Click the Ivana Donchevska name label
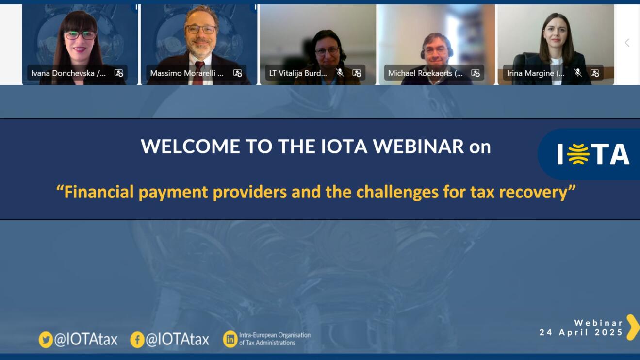coord(68,73)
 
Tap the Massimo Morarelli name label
coord(187,73)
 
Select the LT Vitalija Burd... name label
coord(298,73)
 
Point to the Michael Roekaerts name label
coord(425,73)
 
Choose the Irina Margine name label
coord(536,73)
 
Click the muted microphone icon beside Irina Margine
coord(578,73)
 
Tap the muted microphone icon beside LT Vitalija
coord(340,73)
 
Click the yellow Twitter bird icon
coord(46,340)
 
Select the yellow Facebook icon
coord(137,340)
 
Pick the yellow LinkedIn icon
coord(230,339)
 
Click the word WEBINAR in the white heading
coord(418,147)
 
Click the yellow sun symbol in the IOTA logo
coord(578,154)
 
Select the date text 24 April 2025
coord(581,332)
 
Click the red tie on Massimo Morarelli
coord(198,73)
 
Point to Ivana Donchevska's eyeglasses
coord(80,35)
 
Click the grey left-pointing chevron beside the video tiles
coord(627,43)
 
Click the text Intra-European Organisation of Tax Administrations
coord(275,339)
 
